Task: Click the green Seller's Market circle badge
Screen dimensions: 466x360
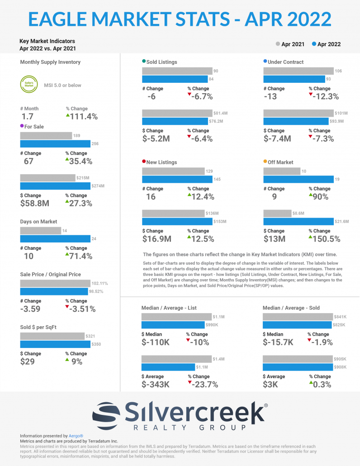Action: [x=28, y=85]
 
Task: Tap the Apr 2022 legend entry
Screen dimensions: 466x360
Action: [x=326, y=44]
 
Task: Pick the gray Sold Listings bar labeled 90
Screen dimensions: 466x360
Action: [x=177, y=71]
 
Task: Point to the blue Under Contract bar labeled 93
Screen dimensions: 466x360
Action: [x=296, y=79]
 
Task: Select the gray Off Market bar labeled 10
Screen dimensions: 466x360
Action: [x=282, y=171]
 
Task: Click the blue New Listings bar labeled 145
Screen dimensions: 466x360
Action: [x=177, y=180]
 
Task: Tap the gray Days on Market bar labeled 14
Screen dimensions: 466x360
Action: [x=40, y=231]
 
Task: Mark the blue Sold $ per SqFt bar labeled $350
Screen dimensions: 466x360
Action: [x=55, y=344]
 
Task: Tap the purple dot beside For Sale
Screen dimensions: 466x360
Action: [x=22, y=126]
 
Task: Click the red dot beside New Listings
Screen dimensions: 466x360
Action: [x=144, y=162]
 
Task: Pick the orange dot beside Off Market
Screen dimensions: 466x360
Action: [x=265, y=162]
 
